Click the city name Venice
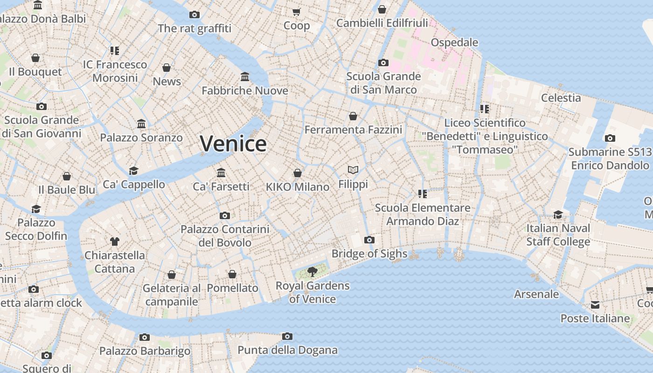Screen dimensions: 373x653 coord(233,143)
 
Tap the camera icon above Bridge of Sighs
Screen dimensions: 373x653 coord(369,240)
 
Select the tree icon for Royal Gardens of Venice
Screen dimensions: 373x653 coord(313,271)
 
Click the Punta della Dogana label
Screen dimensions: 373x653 coord(287,350)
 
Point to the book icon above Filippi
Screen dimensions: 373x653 coord(353,170)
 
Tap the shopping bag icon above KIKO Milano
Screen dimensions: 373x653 coord(298,173)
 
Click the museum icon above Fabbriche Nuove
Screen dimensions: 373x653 coord(245,76)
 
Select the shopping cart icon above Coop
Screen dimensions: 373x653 coord(297,12)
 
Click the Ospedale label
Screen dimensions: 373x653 coord(454,42)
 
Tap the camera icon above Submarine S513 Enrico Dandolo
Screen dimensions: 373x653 coord(610,138)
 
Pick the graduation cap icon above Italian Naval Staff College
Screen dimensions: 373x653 coord(558,214)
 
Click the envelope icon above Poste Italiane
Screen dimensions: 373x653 coord(595,305)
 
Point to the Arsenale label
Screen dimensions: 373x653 coord(536,294)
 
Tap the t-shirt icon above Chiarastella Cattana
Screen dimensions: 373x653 coord(115,242)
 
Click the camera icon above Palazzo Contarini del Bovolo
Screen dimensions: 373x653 coord(225,215)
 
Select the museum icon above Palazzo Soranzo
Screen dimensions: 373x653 coord(141,124)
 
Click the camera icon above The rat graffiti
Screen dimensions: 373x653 coord(195,14)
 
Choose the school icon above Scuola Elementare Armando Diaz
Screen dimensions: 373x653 coord(423,193)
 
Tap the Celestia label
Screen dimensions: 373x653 coord(561,98)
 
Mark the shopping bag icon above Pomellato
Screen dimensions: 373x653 coord(232,274)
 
